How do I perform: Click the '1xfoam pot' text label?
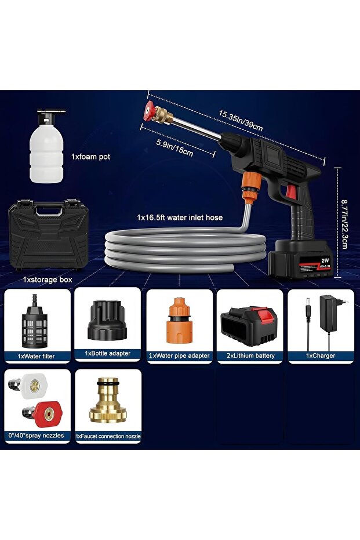(x=90, y=157)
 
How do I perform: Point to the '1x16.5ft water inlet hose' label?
(x=180, y=218)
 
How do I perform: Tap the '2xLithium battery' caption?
(x=250, y=356)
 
